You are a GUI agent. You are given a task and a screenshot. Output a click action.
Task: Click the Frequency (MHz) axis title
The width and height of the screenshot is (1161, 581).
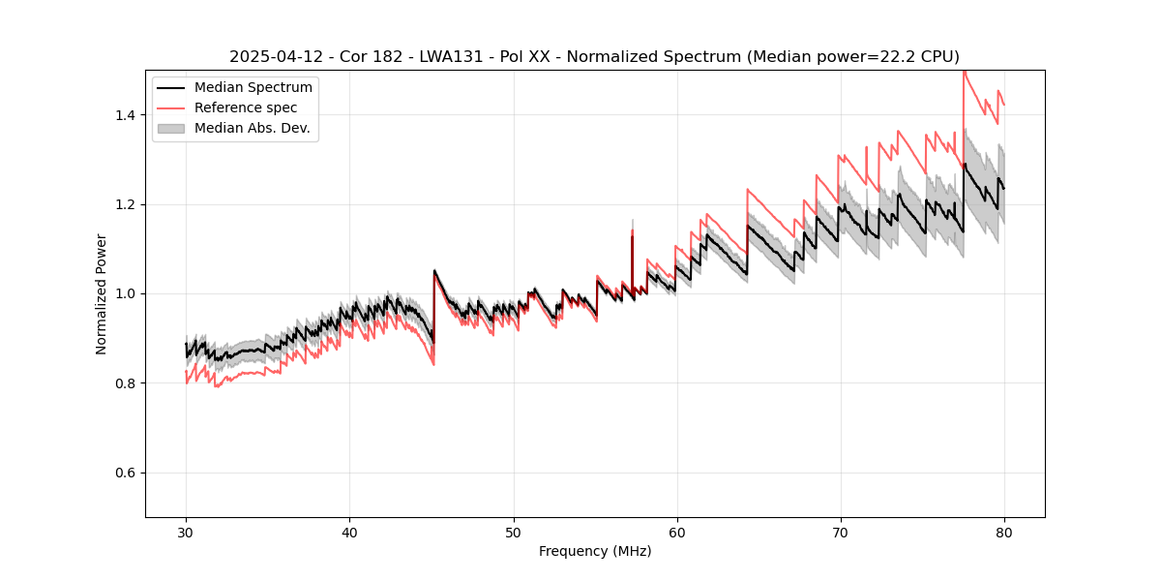(595, 551)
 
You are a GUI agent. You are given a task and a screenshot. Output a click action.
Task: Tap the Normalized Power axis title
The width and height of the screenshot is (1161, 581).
(102, 293)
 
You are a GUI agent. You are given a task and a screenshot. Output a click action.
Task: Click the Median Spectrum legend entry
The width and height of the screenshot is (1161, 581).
(253, 88)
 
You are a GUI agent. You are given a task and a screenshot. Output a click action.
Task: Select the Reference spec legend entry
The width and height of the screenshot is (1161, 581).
(246, 107)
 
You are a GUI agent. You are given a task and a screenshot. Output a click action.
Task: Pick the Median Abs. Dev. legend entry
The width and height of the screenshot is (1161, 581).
(252, 128)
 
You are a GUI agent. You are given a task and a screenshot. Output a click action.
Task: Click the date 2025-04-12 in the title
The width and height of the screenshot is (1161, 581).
(273, 57)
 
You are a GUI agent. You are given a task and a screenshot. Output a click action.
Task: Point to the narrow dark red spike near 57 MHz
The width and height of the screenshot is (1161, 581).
(632, 257)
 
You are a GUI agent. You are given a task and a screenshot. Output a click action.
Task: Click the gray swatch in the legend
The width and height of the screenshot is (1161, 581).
(171, 128)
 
